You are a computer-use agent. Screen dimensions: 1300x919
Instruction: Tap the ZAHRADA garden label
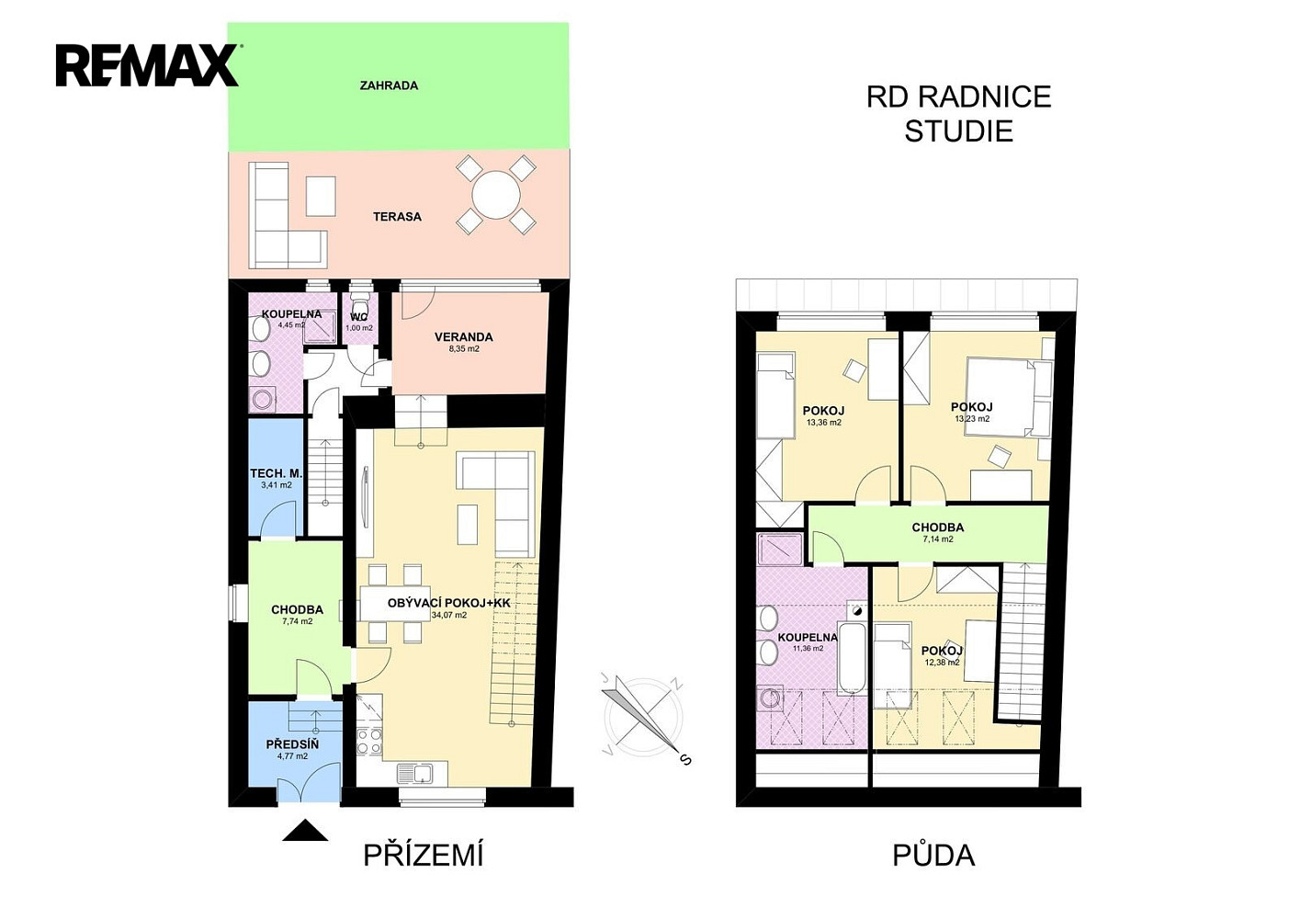[389, 85]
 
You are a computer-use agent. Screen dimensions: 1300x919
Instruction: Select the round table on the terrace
[495, 195]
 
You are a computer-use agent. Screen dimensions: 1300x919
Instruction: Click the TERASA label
[397, 217]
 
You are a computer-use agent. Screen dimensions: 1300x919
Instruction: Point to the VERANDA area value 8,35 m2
[464, 349]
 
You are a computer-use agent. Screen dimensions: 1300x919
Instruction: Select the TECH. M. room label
[276, 473]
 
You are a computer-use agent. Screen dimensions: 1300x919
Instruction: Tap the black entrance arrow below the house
[305, 830]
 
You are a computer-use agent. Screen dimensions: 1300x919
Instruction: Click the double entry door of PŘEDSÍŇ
[309, 782]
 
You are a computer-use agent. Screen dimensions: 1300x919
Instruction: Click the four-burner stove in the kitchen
[368, 741]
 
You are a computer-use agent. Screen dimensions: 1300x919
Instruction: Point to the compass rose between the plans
[643, 718]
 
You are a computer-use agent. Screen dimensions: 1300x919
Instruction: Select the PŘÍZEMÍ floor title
[424, 856]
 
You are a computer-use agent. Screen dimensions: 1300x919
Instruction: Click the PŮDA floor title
[933, 856]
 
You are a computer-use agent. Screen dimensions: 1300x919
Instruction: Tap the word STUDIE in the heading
[959, 130]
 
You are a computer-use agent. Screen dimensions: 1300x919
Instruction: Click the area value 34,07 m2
[448, 615]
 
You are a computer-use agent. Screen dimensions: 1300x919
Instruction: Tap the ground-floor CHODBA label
[297, 610]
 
